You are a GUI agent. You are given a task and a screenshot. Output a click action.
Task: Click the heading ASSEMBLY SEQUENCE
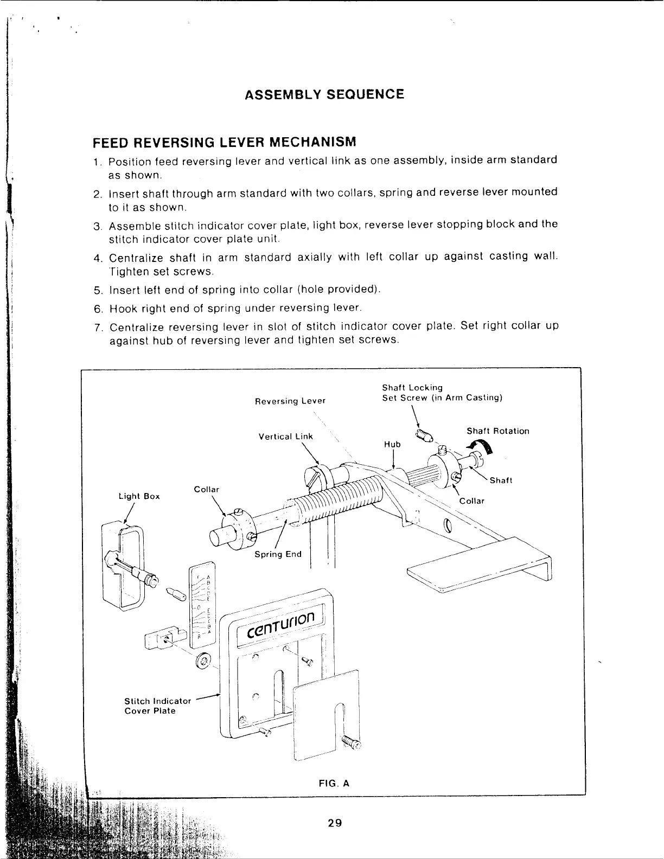pyautogui.click(x=324, y=94)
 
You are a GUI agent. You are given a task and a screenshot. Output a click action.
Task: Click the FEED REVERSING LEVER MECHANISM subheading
pyautogui.click(x=225, y=143)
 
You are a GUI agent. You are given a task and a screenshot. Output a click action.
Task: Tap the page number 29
pyautogui.click(x=335, y=823)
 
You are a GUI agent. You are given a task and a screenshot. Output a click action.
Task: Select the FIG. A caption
pyautogui.click(x=334, y=784)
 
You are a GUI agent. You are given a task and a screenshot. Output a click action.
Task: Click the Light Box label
pyautogui.click(x=139, y=496)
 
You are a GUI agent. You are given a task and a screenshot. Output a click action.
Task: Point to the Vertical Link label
pyautogui.click(x=286, y=437)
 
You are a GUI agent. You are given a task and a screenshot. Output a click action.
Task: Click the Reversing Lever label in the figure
pyautogui.click(x=290, y=401)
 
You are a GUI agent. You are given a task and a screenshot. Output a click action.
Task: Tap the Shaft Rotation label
pyautogui.click(x=497, y=431)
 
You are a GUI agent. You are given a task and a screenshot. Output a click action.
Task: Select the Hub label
pyautogui.click(x=392, y=444)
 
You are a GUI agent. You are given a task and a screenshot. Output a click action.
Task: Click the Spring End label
pyautogui.click(x=278, y=554)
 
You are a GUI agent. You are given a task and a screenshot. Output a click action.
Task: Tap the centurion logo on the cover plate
pyautogui.click(x=280, y=625)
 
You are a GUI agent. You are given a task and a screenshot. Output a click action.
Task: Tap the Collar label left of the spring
pyautogui.click(x=206, y=490)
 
